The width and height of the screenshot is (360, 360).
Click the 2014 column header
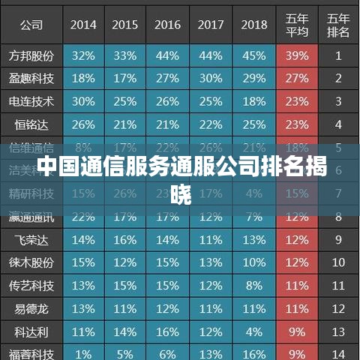tap(83, 24)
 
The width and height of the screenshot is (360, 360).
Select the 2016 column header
tap(168, 24)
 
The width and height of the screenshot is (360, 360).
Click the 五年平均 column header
tap(298, 24)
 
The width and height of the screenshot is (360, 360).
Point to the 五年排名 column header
tap(339, 24)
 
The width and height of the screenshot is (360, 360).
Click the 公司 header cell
tap(31, 24)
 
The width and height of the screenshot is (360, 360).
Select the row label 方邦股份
tap(31, 55)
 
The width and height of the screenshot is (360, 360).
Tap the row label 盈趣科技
tap(31, 79)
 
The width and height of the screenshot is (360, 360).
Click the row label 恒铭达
tap(31, 124)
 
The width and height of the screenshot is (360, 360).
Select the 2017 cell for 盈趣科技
tap(211, 79)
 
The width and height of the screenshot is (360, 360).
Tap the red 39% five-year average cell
tap(298, 55)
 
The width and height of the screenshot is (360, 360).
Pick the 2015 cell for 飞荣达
tap(125, 240)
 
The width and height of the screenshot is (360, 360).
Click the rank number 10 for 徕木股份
tap(339, 263)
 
